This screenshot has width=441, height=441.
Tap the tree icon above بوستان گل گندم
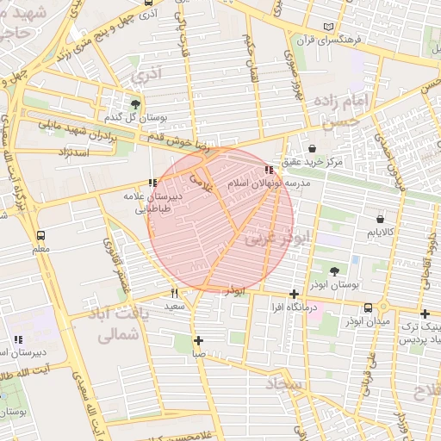135,105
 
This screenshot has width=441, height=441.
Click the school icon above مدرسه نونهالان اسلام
273,171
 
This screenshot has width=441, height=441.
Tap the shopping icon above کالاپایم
380,220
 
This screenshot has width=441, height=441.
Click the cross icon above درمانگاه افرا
295,294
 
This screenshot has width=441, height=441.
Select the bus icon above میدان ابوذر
369,307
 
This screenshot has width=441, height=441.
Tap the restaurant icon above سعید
174,293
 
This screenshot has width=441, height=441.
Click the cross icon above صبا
199,339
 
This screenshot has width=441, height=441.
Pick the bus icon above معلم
40,235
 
